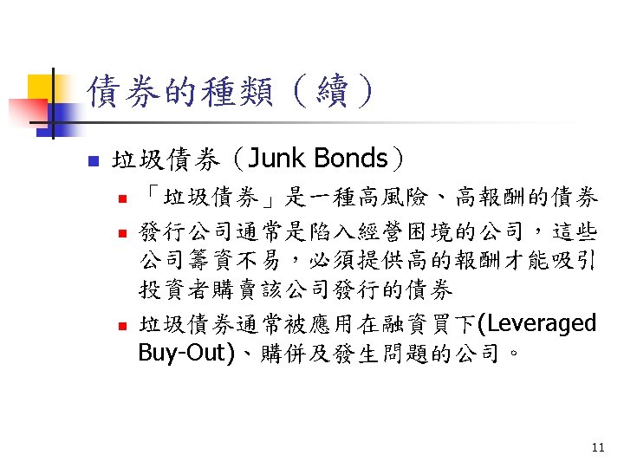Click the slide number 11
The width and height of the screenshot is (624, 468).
[x=597, y=448]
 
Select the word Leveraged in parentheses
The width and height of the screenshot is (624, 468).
[x=543, y=324]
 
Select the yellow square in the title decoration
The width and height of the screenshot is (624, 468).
[x=42, y=88]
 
